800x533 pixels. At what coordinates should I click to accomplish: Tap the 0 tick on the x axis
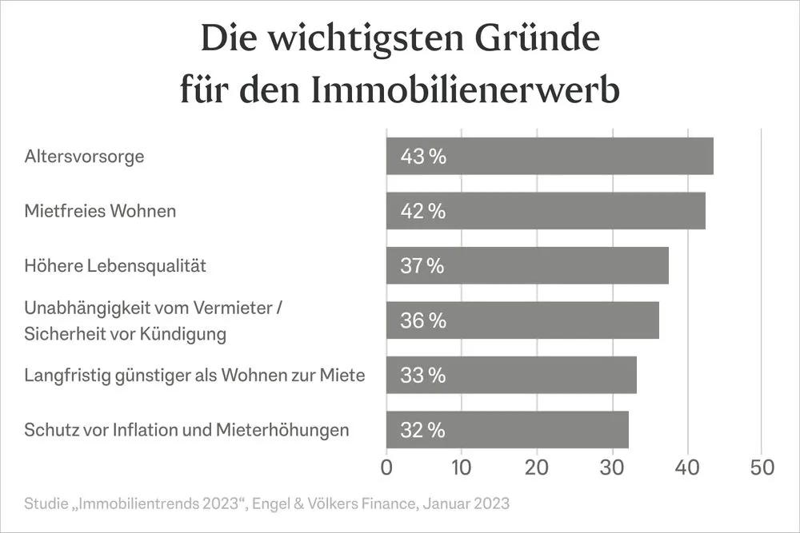click(386, 467)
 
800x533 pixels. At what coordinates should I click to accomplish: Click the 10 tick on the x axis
click(462, 467)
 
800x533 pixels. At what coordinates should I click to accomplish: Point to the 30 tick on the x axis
click(612, 467)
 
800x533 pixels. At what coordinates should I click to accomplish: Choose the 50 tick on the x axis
click(762, 467)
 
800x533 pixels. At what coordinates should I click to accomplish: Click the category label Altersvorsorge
click(84, 157)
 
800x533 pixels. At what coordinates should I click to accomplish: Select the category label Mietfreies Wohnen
click(100, 212)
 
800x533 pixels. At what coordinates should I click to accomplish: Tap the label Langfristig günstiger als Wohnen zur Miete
click(194, 375)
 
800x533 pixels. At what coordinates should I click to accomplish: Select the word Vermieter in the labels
click(231, 308)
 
